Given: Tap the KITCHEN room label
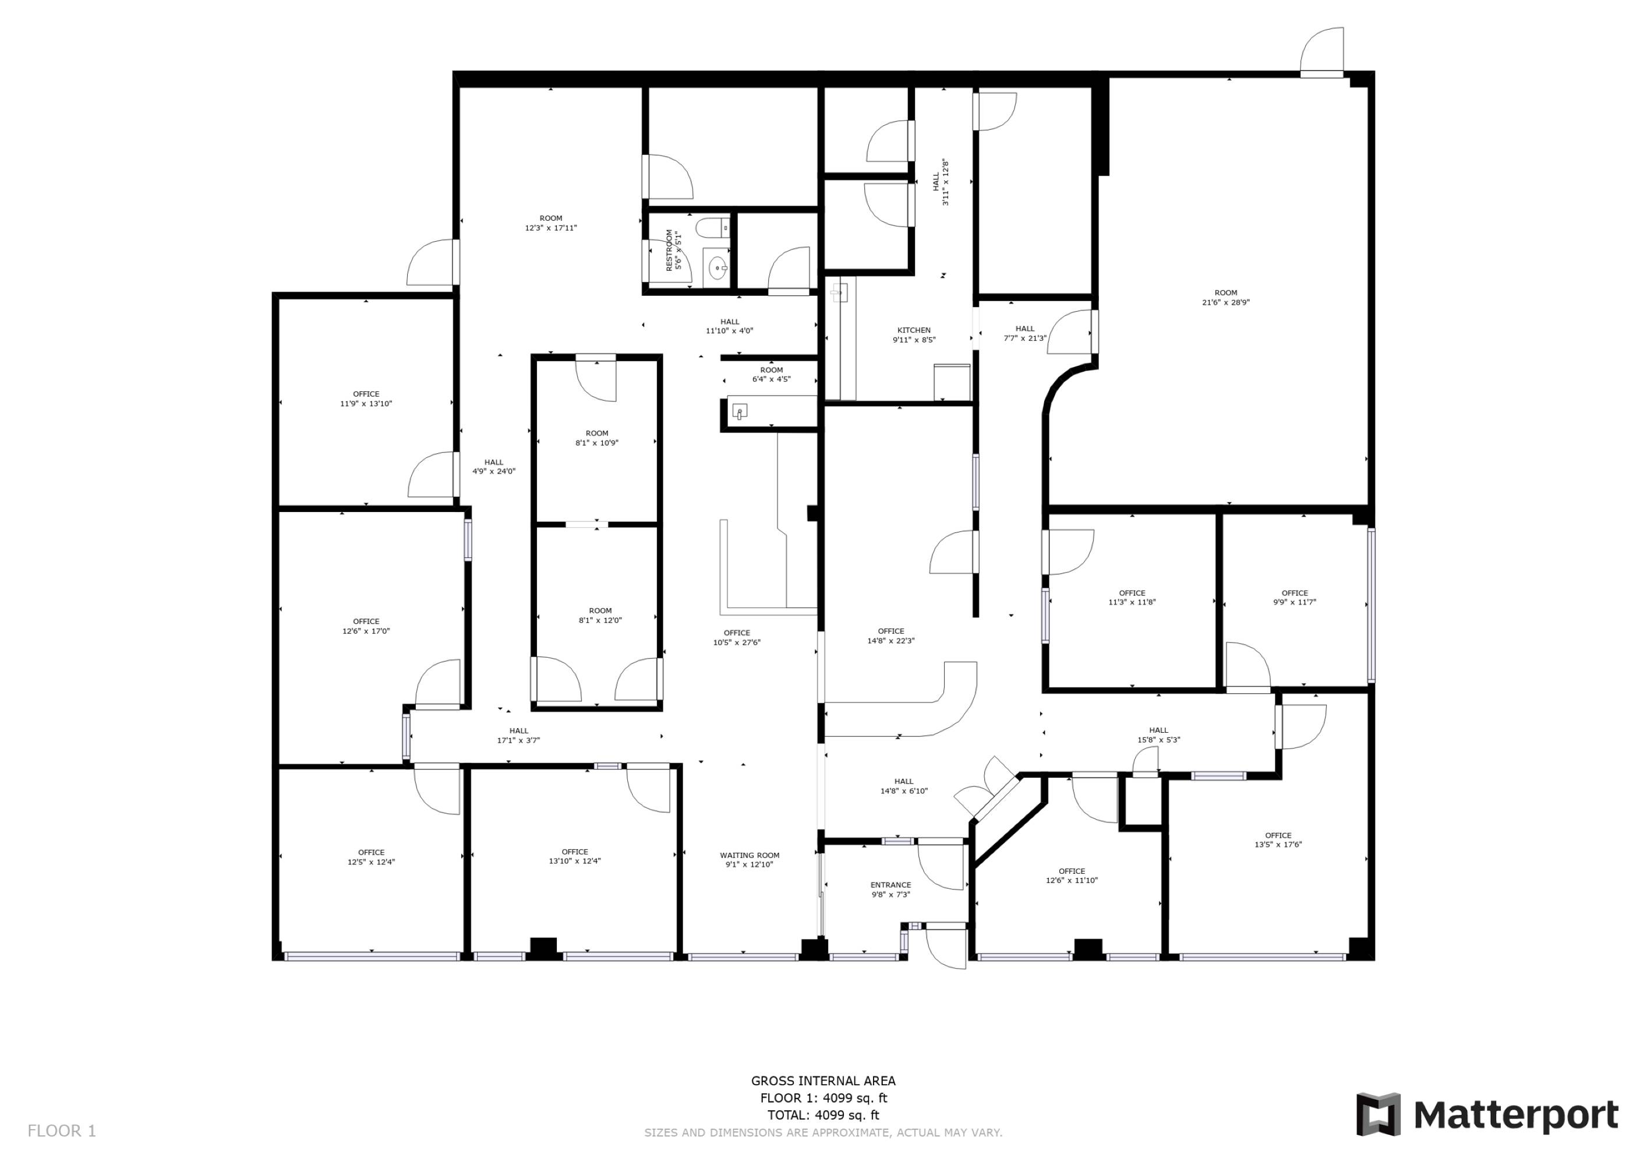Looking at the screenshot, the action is coord(914,331).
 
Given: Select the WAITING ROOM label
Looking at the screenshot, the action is coord(750,855).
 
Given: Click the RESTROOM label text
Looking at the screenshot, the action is coord(669,250).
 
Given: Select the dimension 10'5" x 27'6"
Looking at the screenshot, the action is coord(737,642).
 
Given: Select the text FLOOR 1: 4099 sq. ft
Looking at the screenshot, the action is coord(824,1097).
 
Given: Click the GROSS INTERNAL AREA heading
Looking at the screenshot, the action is coord(824,1081).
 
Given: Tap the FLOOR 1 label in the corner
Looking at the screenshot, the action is coord(62,1131).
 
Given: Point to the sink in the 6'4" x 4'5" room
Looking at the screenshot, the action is coord(740,411).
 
